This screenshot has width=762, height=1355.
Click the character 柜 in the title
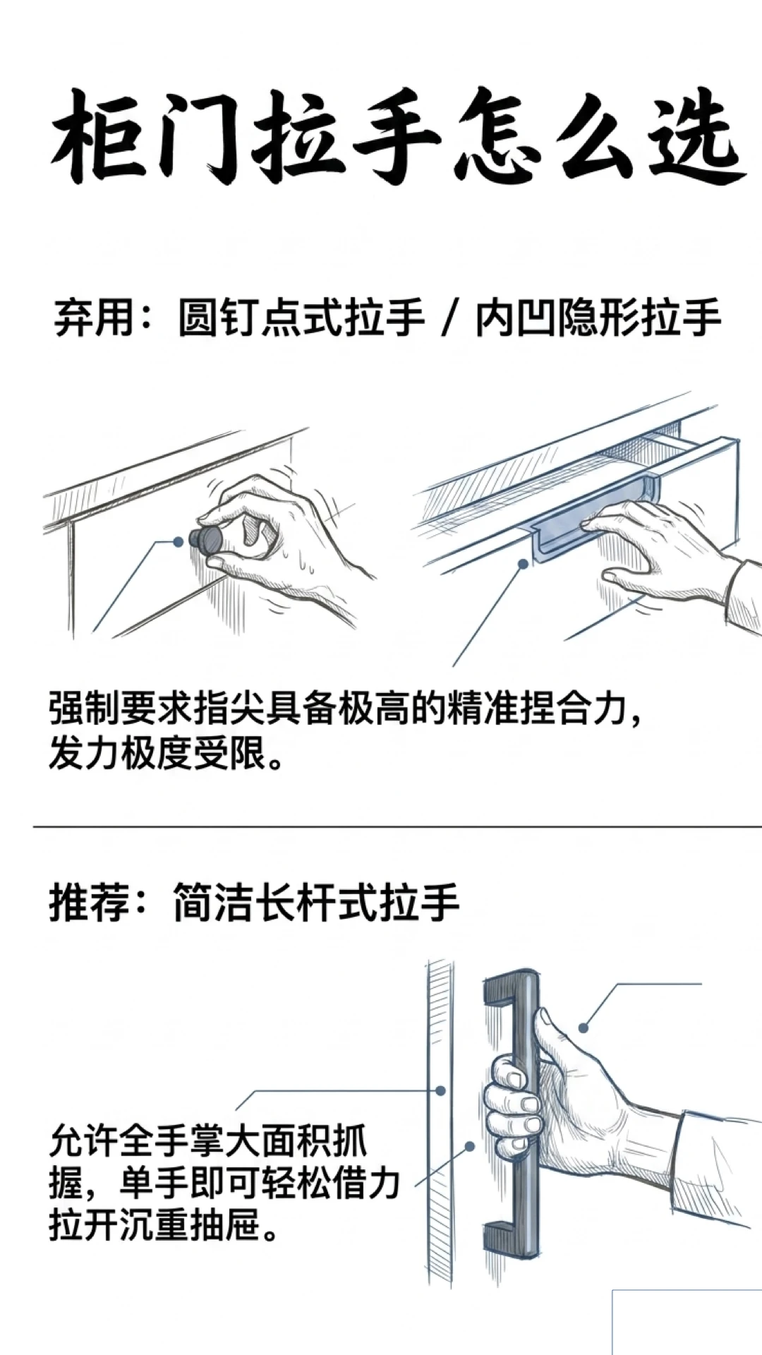click(x=99, y=137)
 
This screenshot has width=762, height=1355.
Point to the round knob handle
click(x=207, y=540)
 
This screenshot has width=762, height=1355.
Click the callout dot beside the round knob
click(x=179, y=541)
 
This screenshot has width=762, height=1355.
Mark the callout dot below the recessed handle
click(x=523, y=564)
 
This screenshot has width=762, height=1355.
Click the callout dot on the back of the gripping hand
click(x=583, y=1028)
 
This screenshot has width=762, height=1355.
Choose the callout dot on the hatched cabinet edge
click(x=440, y=1090)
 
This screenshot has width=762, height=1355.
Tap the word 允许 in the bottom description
click(x=84, y=1141)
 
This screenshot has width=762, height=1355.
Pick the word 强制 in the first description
click(x=84, y=708)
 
